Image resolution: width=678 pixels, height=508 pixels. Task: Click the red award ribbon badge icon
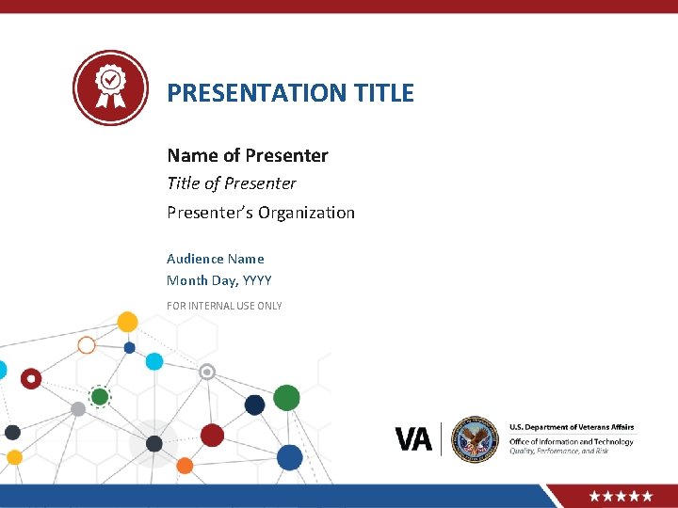coord(111,88)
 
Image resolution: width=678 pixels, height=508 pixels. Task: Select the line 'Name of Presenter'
coord(248,155)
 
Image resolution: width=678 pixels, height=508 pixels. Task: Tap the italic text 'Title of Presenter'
coord(232,183)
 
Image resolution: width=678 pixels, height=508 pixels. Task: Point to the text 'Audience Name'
coord(216,259)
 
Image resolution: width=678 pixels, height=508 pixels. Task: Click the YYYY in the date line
coord(257,280)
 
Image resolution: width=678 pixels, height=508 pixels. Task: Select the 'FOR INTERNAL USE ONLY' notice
coord(224,306)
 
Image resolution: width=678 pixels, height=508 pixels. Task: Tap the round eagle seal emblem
coord(474,439)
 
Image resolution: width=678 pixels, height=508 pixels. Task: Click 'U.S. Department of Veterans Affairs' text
coord(572,428)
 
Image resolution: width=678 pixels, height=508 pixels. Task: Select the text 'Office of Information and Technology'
coord(572,441)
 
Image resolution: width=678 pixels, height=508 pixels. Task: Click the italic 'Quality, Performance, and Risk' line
coord(559,452)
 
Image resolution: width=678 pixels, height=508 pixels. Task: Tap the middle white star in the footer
coord(621,496)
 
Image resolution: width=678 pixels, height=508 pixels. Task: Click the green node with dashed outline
coord(100,396)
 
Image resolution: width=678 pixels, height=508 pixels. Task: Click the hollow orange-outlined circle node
coord(87,345)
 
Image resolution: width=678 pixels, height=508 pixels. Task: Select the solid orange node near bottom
coord(185,466)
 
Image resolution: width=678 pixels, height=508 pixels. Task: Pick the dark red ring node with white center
coord(31,379)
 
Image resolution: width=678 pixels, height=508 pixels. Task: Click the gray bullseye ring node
coord(208,372)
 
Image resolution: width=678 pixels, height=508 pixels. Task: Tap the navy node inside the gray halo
coord(154,443)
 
